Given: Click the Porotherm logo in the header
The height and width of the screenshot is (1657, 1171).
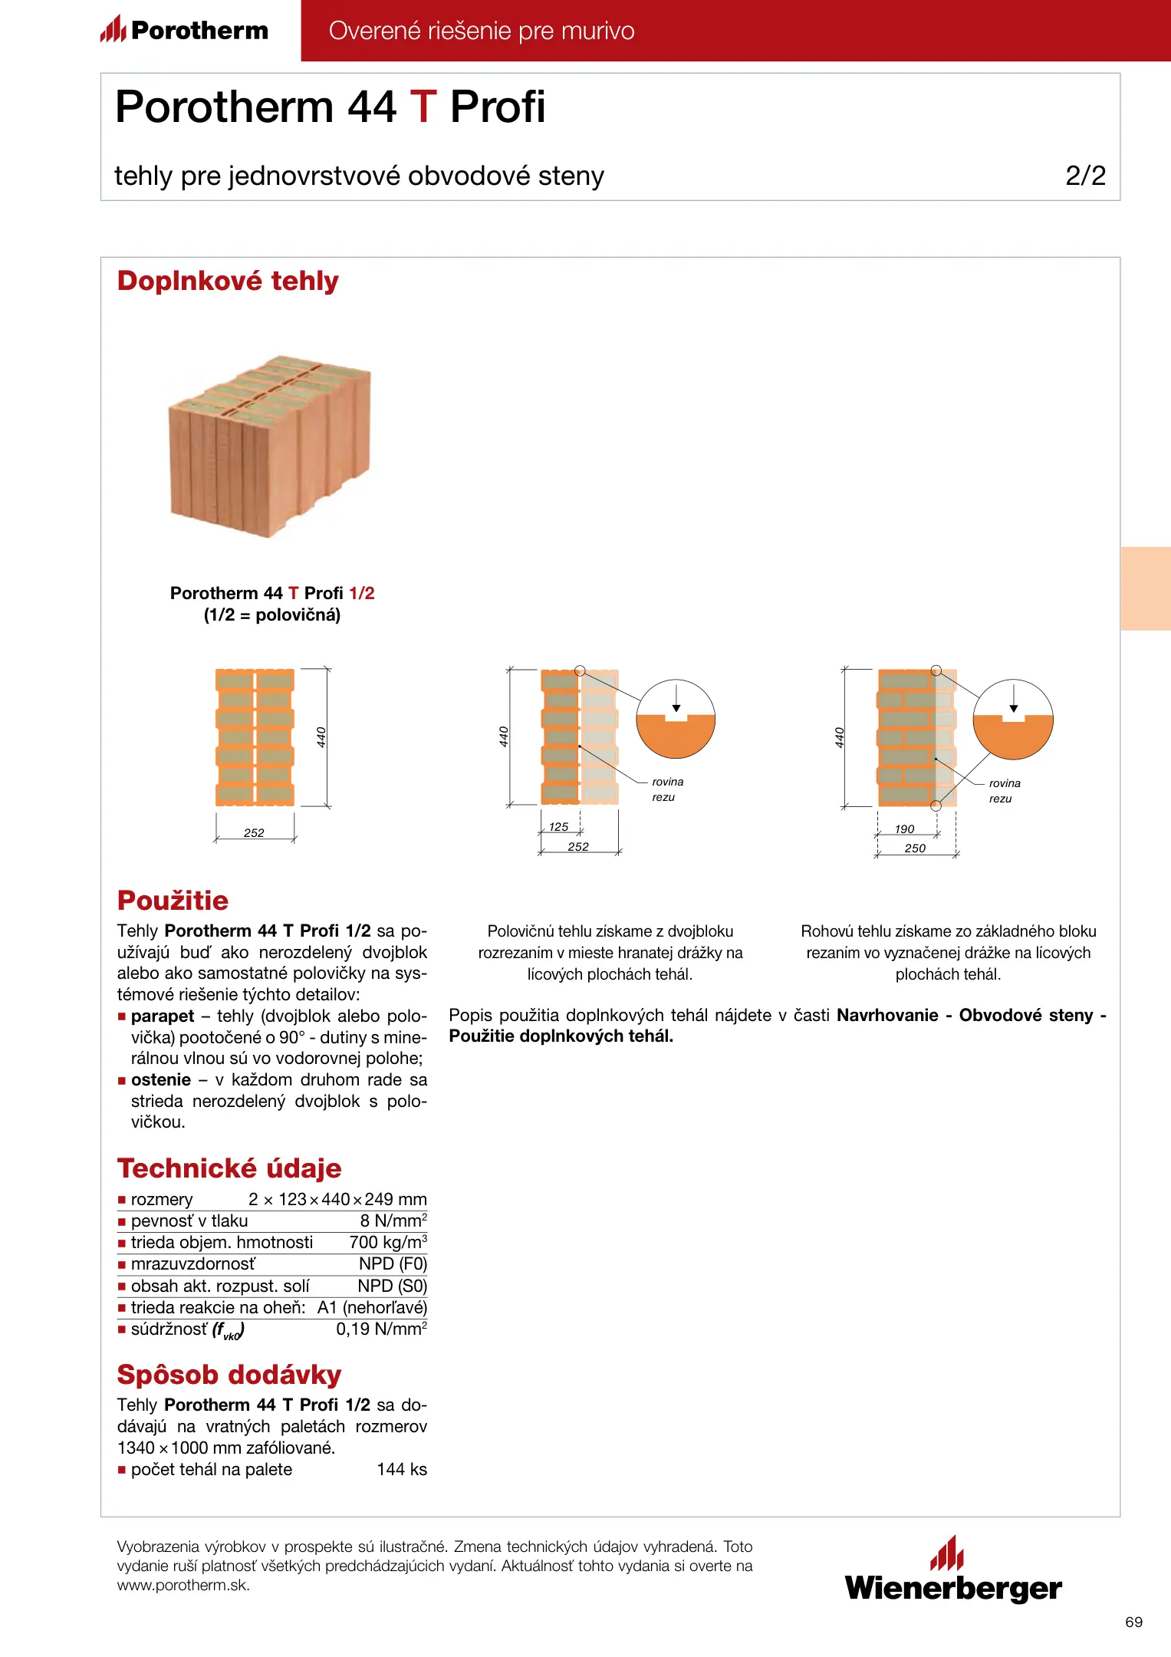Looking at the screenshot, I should tap(184, 30).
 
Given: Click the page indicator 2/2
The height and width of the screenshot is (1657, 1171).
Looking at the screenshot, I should tap(1085, 176).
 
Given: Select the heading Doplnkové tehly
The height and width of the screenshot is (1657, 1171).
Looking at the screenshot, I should tap(228, 281).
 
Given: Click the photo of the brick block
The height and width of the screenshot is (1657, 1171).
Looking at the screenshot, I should tap(270, 446).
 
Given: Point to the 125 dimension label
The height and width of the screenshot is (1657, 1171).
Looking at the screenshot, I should tap(559, 827).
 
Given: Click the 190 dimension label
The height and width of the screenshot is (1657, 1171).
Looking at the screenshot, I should tap(905, 829).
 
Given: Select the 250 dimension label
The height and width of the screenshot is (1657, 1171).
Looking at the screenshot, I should tap(915, 848).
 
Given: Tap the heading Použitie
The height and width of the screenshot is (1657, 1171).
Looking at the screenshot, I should tap(173, 901).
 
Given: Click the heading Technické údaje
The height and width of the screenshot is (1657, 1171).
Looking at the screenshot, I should tap(229, 1168).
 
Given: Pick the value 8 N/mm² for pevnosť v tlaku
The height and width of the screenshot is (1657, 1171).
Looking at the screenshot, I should tap(393, 1221).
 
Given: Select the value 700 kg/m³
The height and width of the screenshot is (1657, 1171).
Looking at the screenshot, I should tap(388, 1242).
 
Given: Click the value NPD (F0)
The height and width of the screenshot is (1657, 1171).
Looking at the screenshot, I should tap(393, 1263).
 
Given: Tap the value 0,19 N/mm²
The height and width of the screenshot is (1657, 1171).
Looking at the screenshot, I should tap(381, 1329).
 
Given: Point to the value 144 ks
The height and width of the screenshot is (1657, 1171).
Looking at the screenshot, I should tap(402, 1469).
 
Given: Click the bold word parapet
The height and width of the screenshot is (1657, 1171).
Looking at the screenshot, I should tap(163, 1016).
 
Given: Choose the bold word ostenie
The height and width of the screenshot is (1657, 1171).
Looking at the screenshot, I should tap(161, 1080).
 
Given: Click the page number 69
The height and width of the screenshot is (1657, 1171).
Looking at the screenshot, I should tap(1133, 1622).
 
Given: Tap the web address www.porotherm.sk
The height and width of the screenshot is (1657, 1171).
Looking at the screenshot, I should tap(183, 1585).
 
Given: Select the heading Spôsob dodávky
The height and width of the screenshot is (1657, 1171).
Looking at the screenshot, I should tap(229, 1375).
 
